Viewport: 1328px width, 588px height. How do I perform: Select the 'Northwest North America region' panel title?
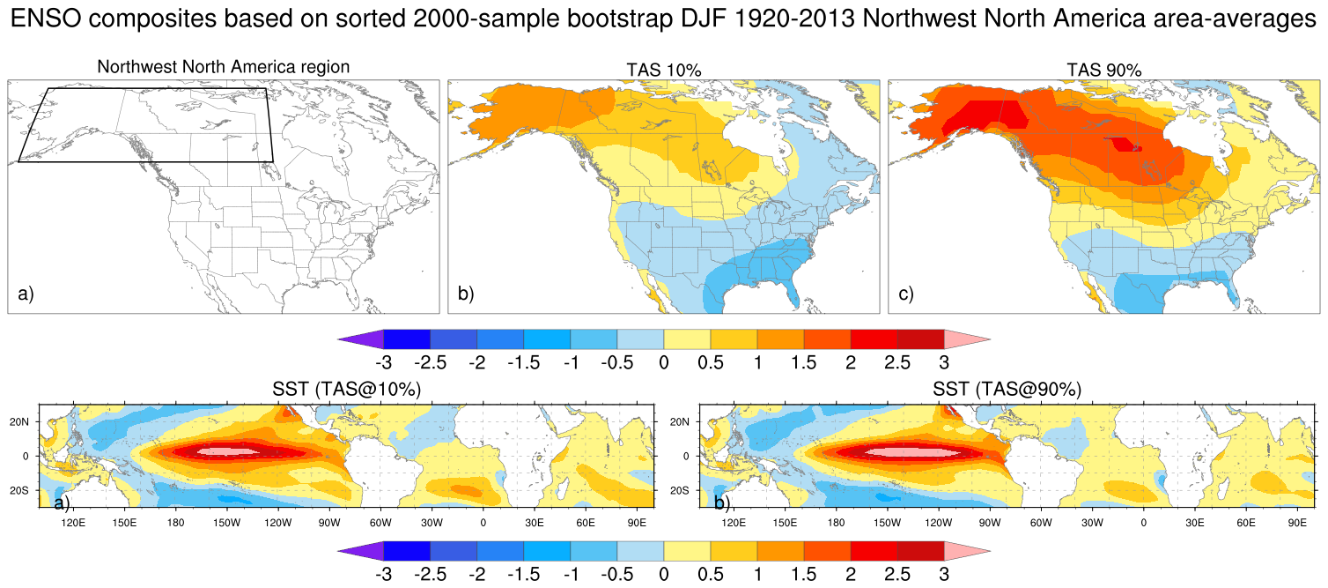224,67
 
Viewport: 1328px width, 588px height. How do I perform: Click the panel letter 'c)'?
906,294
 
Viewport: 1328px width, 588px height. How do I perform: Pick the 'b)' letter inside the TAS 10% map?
466,294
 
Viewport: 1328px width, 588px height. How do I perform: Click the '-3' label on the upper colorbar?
383,362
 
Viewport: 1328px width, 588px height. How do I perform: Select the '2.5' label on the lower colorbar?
896,574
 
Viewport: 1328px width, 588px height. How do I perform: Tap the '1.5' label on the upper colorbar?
803,362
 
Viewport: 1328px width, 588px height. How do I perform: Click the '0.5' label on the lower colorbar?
710,574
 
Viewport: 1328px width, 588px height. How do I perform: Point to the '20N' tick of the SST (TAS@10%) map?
20,421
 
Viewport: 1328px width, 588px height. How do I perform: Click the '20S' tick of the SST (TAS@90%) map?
681,490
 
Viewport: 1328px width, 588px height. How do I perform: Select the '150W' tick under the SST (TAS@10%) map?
226,523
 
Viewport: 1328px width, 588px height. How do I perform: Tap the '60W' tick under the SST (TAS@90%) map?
1041,523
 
